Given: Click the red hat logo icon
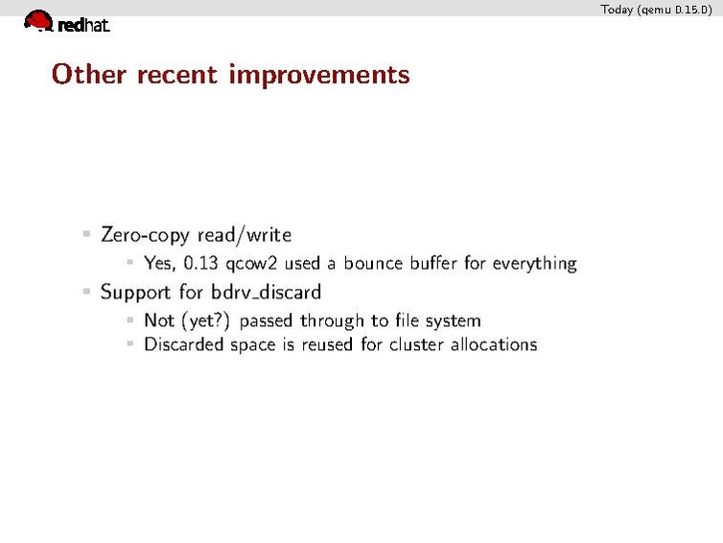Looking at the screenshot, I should click(38, 19).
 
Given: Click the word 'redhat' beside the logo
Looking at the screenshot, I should click(83, 26).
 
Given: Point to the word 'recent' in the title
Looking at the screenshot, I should click(177, 74).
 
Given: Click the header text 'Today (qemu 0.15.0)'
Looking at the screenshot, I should click(656, 10).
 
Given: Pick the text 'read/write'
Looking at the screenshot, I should click(245, 235).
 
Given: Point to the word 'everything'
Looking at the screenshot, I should click(534, 263).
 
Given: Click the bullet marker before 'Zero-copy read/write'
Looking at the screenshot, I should click(86, 233).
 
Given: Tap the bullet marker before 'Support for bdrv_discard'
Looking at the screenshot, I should click(86, 290).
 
